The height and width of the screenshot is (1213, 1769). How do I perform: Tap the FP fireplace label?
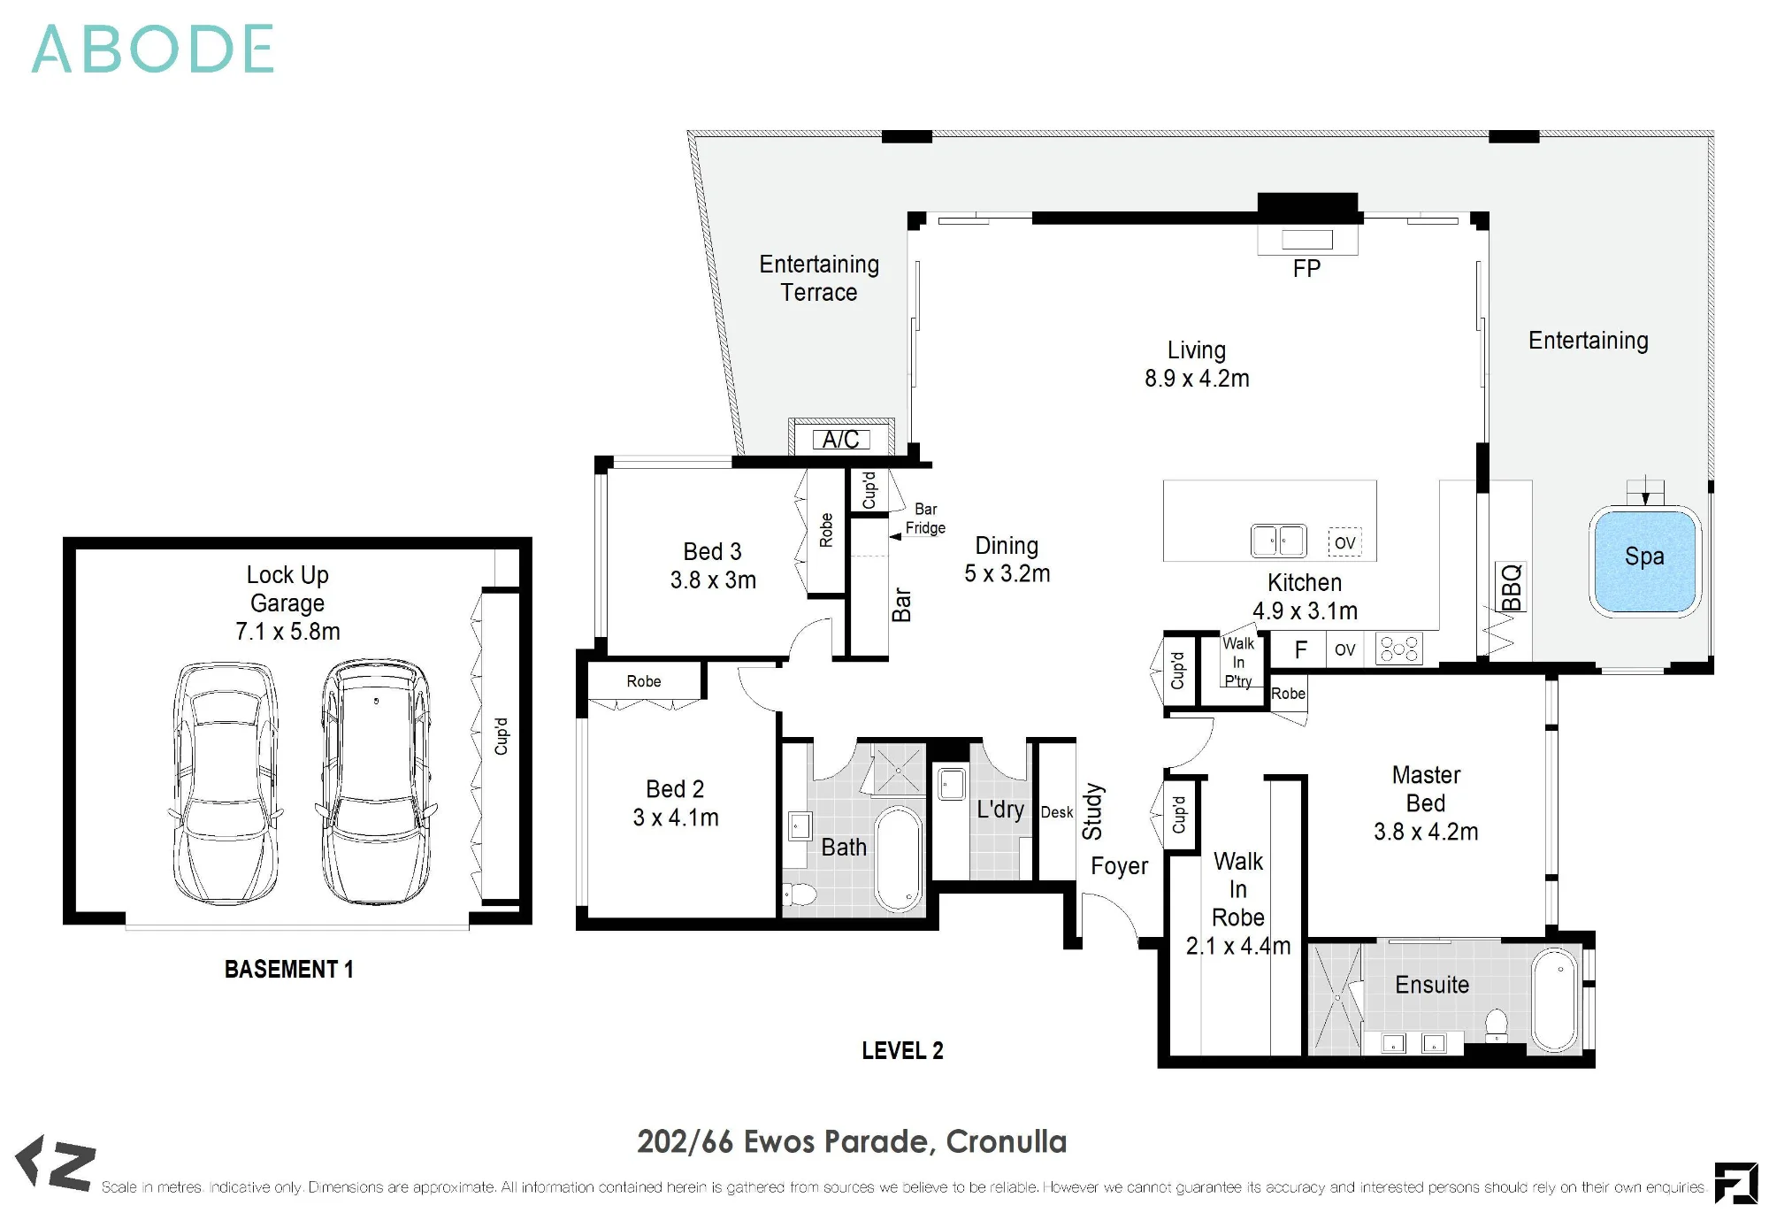(x=1306, y=269)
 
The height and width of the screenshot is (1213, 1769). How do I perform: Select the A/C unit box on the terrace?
(x=841, y=439)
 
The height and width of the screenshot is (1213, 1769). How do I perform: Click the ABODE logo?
(x=153, y=50)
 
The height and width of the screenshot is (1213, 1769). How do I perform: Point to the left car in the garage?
(x=226, y=782)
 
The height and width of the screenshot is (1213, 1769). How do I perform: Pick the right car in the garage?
(x=375, y=780)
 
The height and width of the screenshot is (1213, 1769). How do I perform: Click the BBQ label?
(x=1511, y=587)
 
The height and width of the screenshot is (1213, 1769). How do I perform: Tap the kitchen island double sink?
(x=1278, y=541)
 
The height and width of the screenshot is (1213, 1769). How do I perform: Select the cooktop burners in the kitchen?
(x=1399, y=649)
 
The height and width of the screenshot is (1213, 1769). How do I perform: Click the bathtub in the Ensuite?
(x=1556, y=1000)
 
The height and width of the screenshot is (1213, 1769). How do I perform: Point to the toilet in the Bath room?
(x=800, y=894)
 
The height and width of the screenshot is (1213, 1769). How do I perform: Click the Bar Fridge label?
(x=925, y=518)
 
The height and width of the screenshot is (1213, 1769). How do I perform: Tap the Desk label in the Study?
(x=1057, y=812)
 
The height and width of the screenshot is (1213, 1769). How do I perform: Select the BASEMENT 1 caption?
(x=289, y=970)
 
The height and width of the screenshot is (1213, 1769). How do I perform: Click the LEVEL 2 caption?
(x=903, y=1051)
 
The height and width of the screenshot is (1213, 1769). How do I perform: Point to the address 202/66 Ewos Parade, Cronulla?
(x=852, y=1142)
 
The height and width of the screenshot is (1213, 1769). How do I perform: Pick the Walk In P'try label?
(x=1238, y=662)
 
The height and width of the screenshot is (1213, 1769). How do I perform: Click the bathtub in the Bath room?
(x=899, y=859)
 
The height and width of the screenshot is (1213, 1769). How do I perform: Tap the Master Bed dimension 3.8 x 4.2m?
(x=1426, y=832)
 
